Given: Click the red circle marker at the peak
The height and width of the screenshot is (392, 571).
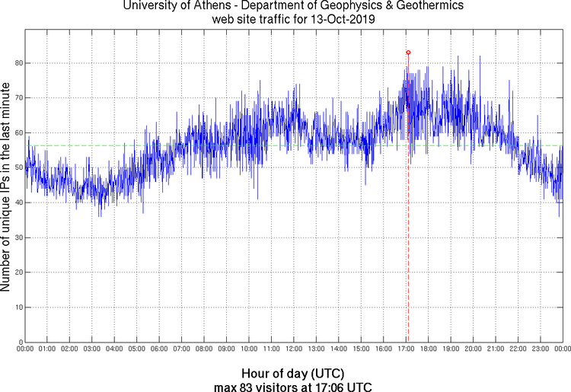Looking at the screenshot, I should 409,53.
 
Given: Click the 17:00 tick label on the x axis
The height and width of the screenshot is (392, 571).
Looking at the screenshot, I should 406,349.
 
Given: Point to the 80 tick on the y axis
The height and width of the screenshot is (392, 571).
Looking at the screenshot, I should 17,63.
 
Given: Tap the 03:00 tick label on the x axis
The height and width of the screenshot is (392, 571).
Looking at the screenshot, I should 92,349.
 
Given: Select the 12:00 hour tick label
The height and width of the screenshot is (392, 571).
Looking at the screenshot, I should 294,349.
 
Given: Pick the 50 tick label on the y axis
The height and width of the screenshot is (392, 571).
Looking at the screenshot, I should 17,167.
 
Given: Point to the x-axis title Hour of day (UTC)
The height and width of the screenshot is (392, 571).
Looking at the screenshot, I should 293,374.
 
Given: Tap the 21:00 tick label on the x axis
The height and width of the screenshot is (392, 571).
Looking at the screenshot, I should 496,349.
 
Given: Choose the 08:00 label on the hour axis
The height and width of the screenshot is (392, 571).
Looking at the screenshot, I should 204,349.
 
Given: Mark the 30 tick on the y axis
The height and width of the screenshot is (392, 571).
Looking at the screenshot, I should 17,237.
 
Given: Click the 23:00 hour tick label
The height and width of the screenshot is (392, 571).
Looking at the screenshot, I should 541,349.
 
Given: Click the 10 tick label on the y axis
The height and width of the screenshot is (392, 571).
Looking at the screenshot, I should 17,307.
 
